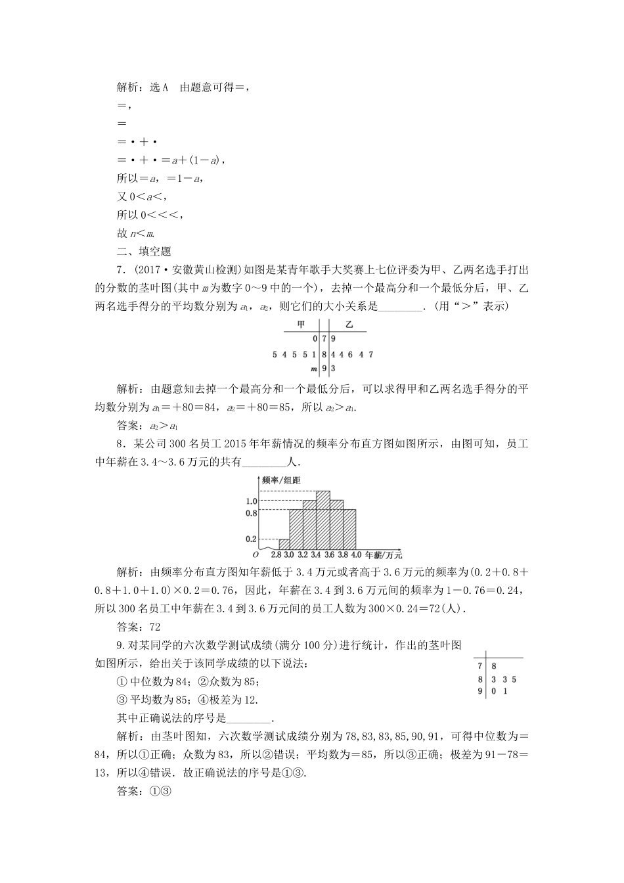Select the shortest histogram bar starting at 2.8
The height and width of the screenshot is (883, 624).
284,545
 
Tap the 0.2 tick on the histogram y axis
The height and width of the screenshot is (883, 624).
251,539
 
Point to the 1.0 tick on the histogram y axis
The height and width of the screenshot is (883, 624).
251,501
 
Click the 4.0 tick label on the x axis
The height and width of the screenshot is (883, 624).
356,555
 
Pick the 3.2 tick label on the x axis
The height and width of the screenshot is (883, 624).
303,555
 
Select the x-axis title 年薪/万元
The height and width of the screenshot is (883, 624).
384,555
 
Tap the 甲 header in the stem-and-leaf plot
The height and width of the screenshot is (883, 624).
301,325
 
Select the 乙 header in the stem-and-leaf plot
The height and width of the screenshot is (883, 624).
349,325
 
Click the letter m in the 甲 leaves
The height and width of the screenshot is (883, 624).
314,368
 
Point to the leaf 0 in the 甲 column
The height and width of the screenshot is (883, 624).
315,339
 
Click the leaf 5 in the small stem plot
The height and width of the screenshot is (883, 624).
514,679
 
